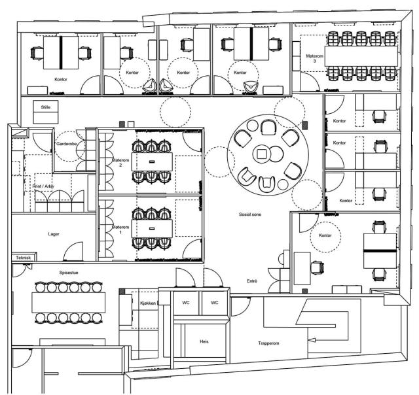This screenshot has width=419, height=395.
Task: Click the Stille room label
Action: [46, 107]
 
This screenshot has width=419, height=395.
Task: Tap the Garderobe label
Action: [67, 144]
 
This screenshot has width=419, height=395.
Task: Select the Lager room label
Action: [54, 234]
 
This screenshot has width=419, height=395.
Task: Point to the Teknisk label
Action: [24, 258]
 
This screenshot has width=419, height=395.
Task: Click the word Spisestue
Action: [69, 273]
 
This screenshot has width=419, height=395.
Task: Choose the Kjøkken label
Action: [148, 303]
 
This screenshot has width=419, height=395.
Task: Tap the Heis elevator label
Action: [204, 341]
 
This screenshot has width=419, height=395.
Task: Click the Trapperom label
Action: [268, 343]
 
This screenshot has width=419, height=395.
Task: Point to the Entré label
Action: [252, 281]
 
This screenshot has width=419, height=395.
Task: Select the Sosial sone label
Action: [250, 215]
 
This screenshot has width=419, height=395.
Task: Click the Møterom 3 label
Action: [314, 58]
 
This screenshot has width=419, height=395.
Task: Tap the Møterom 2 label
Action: [120, 163]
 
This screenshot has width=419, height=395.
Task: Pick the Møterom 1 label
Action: [120, 230]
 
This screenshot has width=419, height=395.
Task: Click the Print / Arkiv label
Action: [43, 186]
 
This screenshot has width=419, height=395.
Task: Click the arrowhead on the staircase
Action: [312, 340]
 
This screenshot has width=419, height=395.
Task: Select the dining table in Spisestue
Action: [68, 303]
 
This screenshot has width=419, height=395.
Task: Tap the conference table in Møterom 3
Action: [361, 56]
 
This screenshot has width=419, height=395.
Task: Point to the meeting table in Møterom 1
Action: [152, 228]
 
